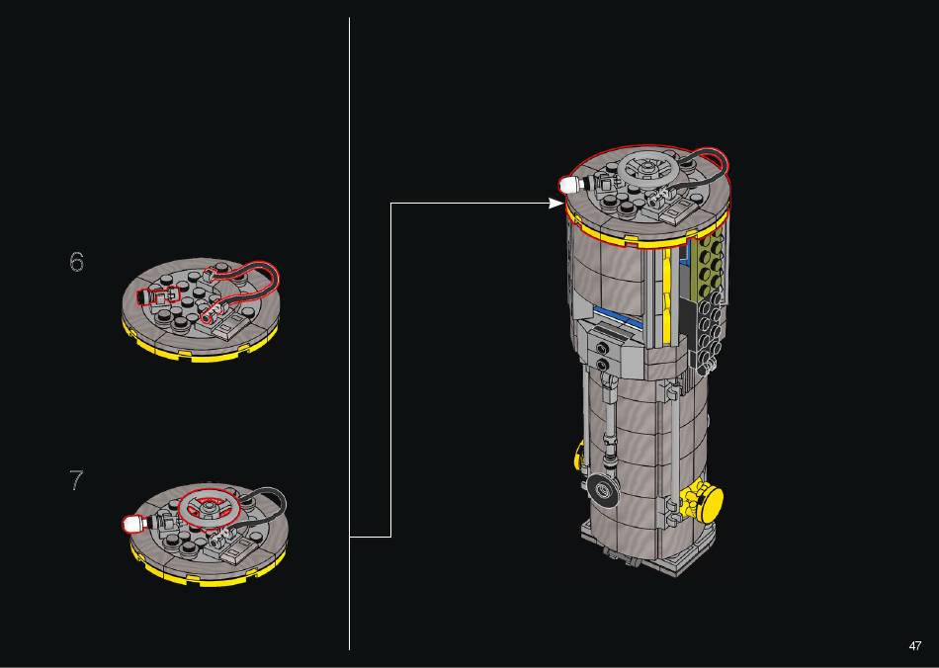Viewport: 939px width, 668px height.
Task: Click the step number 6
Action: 77,262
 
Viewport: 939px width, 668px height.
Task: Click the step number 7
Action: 76,480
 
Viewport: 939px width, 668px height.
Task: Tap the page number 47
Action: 915,646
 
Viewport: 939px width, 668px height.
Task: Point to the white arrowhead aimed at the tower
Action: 556,204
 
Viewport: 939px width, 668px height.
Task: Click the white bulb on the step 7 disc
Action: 130,525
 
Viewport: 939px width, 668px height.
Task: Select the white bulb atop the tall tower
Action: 567,185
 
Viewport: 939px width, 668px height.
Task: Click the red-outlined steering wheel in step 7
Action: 209,509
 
